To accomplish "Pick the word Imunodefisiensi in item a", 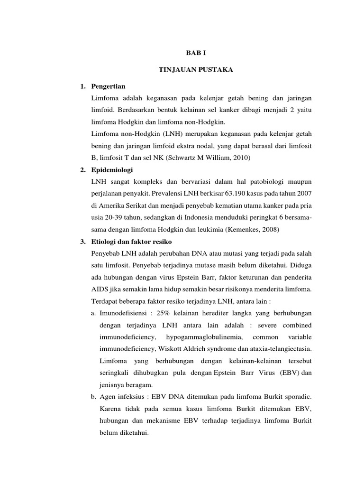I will point(125,314).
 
